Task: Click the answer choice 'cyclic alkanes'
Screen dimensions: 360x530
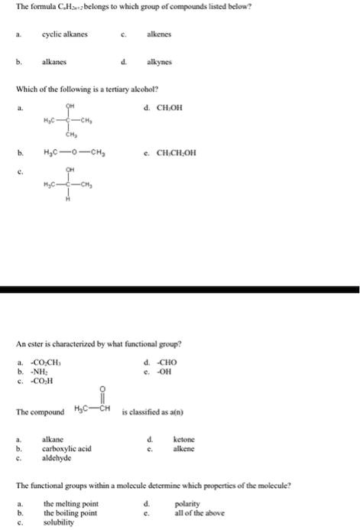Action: pos(70,34)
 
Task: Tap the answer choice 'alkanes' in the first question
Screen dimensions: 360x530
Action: pos(57,62)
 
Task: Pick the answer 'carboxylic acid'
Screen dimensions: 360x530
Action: pos(67,448)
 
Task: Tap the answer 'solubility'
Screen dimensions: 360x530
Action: pos(60,523)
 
